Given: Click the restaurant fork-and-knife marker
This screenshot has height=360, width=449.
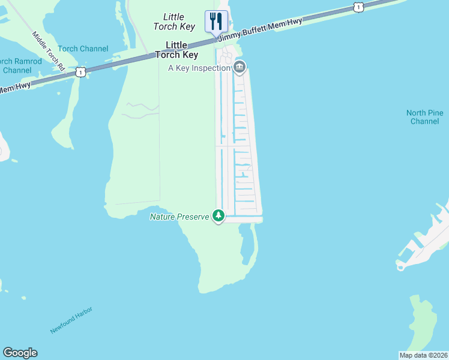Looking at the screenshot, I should point(215,22).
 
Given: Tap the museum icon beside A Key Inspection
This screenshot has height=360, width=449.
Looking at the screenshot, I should point(240,67).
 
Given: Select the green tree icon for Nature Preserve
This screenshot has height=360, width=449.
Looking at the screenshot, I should point(218,215).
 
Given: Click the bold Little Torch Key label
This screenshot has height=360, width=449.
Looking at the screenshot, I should point(176,50).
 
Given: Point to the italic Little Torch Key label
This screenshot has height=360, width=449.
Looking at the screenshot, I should point(173,22).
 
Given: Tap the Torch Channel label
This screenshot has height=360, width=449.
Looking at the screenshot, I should point(83,49).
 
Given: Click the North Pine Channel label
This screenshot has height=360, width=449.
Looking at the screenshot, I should point(425,117).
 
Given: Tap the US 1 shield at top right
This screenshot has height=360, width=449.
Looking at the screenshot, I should point(358,7).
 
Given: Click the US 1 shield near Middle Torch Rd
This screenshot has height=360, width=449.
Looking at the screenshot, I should point(80,72).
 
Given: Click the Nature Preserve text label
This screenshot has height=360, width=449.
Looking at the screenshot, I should point(179,216).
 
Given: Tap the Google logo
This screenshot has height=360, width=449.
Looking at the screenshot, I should point(20,353).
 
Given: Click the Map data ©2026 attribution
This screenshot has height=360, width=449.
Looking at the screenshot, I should point(423,355).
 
